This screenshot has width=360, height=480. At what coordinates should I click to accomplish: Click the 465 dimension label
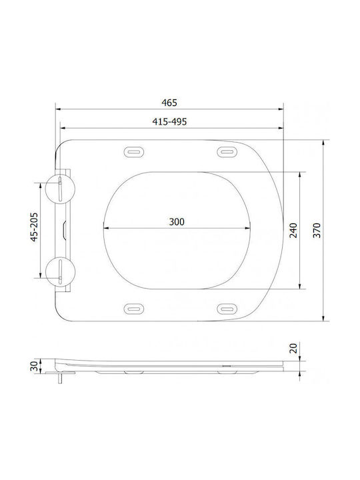tap(169, 103)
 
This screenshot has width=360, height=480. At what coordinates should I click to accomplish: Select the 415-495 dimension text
tap(169, 121)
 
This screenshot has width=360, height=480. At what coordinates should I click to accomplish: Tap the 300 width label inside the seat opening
tap(177, 221)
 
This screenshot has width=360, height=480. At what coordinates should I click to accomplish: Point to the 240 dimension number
tap(293, 231)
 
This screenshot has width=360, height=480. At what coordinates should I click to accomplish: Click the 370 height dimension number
tap(317, 231)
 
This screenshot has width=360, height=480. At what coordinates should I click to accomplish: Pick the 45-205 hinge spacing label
tap(34, 227)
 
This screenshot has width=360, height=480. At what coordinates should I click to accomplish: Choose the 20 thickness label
tap(293, 349)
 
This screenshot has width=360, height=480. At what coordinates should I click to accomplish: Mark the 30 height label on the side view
tap(34, 366)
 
